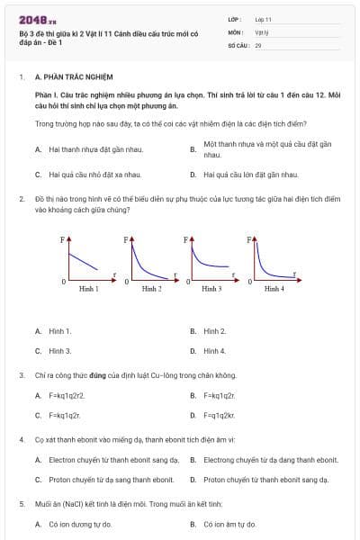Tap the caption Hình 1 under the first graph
pyautogui.click(x=89, y=288)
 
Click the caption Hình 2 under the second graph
pyautogui.click(x=150, y=288)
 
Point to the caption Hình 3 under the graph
pyautogui.click(x=211, y=288)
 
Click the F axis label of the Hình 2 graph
pyautogui.click(x=125, y=240)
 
